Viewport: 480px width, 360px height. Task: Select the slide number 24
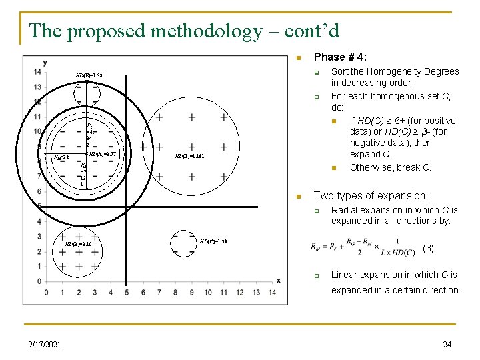[x=447, y=344]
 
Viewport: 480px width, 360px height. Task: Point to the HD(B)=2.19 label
[x=77, y=244]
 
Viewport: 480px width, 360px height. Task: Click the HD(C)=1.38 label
[x=213, y=241]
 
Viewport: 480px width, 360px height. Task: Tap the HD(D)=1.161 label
[x=189, y=155]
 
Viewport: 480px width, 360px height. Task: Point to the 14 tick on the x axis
[x=272, y=293]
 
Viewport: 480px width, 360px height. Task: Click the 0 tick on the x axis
[x=46, y=293]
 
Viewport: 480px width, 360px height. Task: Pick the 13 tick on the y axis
[x=38, y=87]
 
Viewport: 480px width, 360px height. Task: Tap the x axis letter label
[x=278, y=280]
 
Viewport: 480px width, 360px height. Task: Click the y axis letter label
[x=45, y=63]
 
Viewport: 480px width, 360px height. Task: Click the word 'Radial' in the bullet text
[x=345, y=211]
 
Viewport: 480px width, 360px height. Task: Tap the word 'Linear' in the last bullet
[x=345, y=275]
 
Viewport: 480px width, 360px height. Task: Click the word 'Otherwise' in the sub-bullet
[x=371, y=167]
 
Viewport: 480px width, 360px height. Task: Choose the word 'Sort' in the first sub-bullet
[x=340, y=71]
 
